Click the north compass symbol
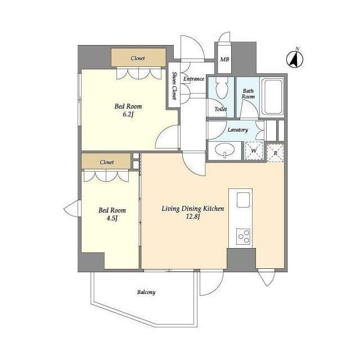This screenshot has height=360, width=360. point(295,58)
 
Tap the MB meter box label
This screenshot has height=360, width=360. point(224,60)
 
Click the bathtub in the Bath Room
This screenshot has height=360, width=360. point(273,97)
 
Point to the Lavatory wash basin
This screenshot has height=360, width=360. point(225,151)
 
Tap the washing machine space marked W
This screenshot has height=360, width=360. point(254,151)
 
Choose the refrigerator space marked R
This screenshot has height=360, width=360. point(276,153)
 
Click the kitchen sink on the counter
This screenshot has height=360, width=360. point(243,200)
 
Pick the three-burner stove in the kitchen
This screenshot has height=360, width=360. point(243,236)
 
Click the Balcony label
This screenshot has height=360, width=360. point(146,292)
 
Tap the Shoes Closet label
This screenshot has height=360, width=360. point(174,86)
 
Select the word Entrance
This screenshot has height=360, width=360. point(193,79)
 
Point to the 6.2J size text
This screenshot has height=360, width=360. point(128,114)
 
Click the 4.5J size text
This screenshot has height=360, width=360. point(112,218)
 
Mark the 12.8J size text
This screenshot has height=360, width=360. point(193,216)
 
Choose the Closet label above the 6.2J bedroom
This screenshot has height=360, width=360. point(138,58)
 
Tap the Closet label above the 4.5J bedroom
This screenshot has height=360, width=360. point(107,162)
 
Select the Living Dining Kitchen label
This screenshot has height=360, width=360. point(193,209)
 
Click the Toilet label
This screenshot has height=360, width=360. point(220,109)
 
